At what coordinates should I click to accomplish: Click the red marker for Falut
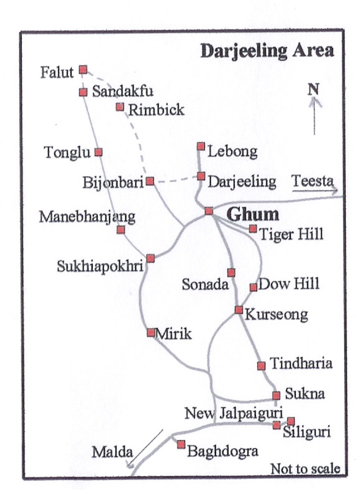click(83, 70)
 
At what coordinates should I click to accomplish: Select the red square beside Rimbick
click(120, 106)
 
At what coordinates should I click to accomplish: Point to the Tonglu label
click(67, 153)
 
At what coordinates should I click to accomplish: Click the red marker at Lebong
click(201, 146)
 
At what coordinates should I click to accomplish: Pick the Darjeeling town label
click(242, 182)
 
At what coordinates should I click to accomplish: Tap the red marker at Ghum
click(209, 211)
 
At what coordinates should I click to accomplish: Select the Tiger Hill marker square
click(253, 229)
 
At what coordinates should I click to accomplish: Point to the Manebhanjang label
click(87, 217)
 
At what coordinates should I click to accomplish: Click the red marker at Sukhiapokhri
click(151, 258)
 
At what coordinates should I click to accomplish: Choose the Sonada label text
click(205, 285)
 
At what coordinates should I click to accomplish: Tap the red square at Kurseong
click(239, 310)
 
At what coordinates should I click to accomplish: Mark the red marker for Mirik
click(151, 332)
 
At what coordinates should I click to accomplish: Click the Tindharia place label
click(301, 363)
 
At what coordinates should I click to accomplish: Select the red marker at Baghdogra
click(181, 445)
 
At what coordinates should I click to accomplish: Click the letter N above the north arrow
click(313, 89)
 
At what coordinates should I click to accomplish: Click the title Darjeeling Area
click(266, 51)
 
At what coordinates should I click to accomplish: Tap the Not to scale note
click(305, 468)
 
